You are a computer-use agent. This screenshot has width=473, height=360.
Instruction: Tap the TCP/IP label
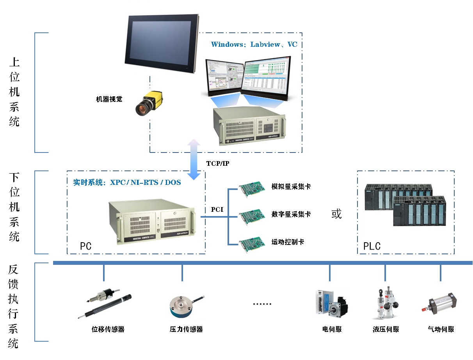pos(218,163)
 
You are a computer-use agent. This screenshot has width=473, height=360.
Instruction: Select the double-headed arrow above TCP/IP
pos(194,159)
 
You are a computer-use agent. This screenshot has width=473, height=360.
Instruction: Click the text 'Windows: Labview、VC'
pos(254,44)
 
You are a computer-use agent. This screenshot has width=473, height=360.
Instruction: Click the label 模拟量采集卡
pos(291,187)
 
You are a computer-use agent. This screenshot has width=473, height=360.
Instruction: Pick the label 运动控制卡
pos(288,242)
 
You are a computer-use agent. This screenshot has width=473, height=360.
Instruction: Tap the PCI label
pos(217,209)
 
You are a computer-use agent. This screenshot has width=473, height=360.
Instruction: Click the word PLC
pos(372,247)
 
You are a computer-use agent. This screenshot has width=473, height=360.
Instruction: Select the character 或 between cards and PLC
pos(336,214)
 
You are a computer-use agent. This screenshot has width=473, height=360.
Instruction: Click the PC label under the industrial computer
pos(85,247)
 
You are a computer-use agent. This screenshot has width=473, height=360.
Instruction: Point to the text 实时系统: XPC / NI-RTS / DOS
pos(127,182)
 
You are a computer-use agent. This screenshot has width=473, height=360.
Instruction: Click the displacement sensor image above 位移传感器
pos(105,304)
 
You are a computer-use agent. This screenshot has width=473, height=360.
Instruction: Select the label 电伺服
pos(332,329)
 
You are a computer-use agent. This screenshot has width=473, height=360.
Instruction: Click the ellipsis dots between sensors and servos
pos(262,304)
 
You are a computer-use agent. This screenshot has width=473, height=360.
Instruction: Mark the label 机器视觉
pos(109,99)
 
